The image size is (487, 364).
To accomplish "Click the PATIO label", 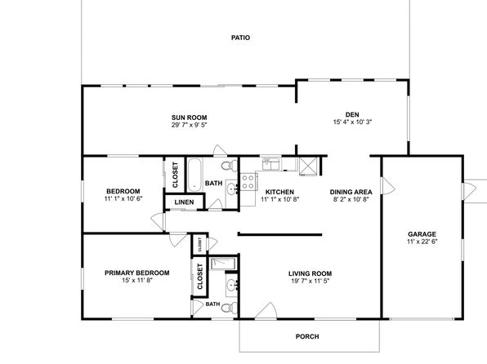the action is [x=240, y=38].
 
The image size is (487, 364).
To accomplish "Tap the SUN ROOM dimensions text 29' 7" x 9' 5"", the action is [x=189, y=125].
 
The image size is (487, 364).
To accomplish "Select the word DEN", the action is [x=352, y=114].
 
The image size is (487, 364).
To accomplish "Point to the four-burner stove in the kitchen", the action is [x=248, y=182].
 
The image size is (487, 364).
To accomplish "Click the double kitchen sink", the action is [x=271, y=164].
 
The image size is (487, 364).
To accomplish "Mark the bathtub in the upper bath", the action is [x=194, y=175].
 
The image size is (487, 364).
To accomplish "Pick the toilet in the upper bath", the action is [x=230, y=165].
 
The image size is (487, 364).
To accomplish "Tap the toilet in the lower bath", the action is [x=230, y=309].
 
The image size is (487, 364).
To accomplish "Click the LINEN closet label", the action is [x=184, y=202].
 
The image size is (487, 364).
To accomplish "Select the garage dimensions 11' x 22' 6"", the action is [x=422, y=242].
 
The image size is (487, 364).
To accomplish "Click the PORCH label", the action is [x=307, y=336].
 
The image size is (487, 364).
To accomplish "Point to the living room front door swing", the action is [x=266, y=310].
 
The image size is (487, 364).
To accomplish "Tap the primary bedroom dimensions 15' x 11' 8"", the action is [x=137, y=280].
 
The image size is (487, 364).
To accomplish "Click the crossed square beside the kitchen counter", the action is [x=308, y=166].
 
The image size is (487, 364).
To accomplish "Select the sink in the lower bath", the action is [x=231, y=285].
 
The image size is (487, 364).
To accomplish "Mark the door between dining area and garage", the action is [x=388, y=186].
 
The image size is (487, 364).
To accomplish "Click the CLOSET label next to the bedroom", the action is [x=175, y=175].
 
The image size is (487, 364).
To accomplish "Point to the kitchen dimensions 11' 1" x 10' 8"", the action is [x=279, y=199].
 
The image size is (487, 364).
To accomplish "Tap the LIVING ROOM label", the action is [x=310, y=273].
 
